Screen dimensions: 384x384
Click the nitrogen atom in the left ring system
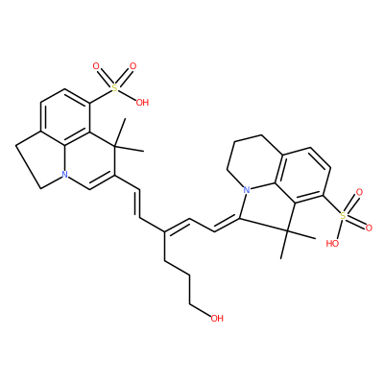(x=65, y=175)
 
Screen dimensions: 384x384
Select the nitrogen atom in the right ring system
(x=246, y=190)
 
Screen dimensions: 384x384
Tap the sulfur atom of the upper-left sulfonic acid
(x=114, y=87)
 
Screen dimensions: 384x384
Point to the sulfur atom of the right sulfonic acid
(x=343, y=215)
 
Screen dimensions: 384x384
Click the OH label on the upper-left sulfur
(x=142, y=103)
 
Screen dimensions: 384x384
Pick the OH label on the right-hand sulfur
(x=332, y=244)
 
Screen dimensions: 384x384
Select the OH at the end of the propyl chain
(x=217, y=318)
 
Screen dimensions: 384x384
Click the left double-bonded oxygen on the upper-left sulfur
(x=96, y=66)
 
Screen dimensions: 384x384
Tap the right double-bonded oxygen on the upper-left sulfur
(x=132, y=66)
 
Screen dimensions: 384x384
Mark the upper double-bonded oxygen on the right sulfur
(x=359, y=193)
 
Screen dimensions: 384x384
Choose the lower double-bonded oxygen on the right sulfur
(x=369, y=228)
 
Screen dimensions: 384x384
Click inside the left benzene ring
(x=65, y=118)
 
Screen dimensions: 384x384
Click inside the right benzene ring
(x=305, y=176)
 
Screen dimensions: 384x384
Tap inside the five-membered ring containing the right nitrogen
(x=268, y=205)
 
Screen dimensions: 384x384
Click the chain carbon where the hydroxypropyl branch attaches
(x=164, y=231)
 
